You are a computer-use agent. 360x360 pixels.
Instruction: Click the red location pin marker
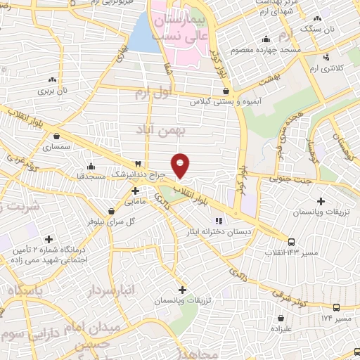[x=181, y=166]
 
